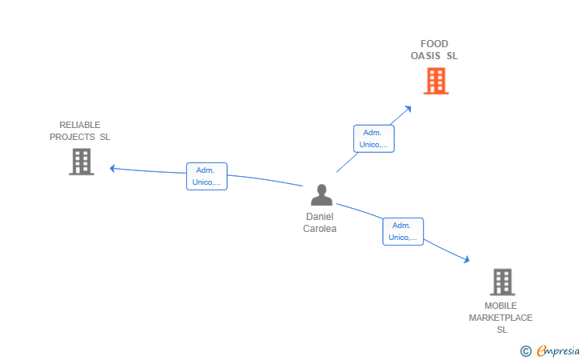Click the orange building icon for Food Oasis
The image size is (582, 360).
(x=436, y=81)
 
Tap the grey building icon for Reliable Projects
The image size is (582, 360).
(x=82, y=162)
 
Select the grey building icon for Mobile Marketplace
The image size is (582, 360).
(x=503, y=282)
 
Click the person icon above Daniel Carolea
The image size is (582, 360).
(x=321, y=194)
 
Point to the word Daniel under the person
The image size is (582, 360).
(x=320, y=217)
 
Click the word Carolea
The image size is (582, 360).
(x=320, y=229)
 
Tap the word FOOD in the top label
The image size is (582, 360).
(x=434, y=44)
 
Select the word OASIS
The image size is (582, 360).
(x=425, y=56)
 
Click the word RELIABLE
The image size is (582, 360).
(x=80, y=125)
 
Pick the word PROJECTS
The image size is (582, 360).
(x=72, y=137)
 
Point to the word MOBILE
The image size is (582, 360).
(x=500, y=306)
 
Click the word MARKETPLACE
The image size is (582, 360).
(x=500, y=318)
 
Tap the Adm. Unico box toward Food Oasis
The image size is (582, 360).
(x=374, y=138)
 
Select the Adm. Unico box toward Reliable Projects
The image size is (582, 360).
(x=207, y=176)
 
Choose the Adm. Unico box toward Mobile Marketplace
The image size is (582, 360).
(x=403, y=231)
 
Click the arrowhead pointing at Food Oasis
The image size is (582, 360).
(x=409, y=109)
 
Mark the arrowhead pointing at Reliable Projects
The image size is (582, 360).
(x=112, y=169)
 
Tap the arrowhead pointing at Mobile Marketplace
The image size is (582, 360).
(x=467, y=259)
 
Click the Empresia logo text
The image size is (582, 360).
(x=558, y=350)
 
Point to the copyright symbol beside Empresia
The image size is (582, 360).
(x=526, y=351)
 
